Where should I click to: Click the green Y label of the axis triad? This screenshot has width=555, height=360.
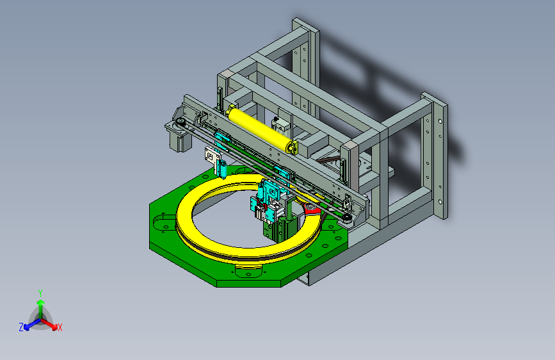tap(40, 293)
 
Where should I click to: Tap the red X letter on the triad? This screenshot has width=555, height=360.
tap(60, 328)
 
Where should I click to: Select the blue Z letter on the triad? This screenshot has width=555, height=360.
tap(21, 327)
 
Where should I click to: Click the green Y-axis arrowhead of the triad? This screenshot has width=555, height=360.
tap(41, 302)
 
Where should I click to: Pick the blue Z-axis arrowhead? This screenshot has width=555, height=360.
tap(27, 327)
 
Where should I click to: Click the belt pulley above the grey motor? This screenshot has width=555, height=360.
tap(181, 122)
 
